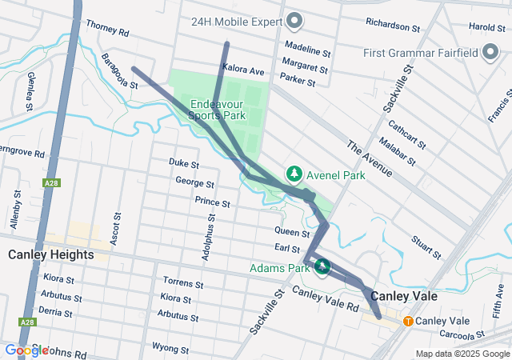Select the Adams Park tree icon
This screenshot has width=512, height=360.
pos(322,266)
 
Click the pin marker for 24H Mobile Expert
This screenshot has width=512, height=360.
pos(294,20)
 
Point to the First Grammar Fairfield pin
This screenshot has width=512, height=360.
pos(490,53)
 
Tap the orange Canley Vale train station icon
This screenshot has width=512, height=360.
pos(408,321)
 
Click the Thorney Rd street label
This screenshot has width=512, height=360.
pos(106,30)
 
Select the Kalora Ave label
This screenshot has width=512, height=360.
pos(244,71)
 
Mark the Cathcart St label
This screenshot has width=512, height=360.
pos(406,131)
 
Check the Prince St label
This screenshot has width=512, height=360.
pos(212,202)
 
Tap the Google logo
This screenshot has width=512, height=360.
pos(26,350)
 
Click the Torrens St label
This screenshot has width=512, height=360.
pos(184,282)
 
